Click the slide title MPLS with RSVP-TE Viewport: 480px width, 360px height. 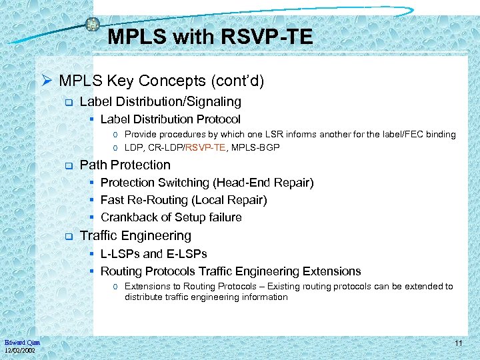pos(209,37)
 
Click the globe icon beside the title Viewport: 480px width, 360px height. pos(92,25)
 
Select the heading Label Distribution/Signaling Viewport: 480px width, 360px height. pos(160,101)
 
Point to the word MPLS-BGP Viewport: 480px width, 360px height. pos(257,147)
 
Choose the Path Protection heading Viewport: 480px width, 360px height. pos(125,165)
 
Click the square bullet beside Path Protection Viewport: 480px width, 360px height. pos(67,165)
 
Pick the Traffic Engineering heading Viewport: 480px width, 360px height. pos(135,235)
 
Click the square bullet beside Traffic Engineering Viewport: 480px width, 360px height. pos(67,236)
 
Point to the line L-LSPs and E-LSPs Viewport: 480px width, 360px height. pos(153,253)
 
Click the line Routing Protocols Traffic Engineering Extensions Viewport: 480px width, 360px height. pos(230,271)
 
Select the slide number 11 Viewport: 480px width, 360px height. pos(458,343)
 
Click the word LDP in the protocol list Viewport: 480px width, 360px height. pos(133,147)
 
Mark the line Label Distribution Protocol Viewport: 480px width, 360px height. pos(170,119)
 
